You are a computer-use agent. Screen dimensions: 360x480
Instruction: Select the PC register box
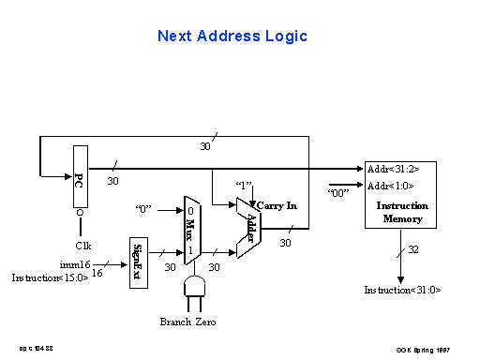pos(80,176)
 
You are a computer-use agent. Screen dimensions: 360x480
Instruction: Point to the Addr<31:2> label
pos(394,169)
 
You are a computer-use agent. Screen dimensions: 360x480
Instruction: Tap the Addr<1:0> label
pos(392,186)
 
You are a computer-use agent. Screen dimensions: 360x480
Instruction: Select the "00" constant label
pos(339,193)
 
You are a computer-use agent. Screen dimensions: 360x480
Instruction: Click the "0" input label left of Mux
pos(143,207)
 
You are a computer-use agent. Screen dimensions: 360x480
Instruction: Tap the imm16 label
pos(74,264)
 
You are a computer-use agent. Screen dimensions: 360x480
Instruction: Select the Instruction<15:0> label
pos(51,278)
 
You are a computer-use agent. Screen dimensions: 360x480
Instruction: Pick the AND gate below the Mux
pos(195,286)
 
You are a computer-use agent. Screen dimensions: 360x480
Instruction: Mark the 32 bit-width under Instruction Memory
pos(414,249)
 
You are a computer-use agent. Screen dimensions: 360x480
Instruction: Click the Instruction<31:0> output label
pos(402,290)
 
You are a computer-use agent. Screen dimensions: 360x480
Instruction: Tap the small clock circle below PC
pos(80,214)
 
